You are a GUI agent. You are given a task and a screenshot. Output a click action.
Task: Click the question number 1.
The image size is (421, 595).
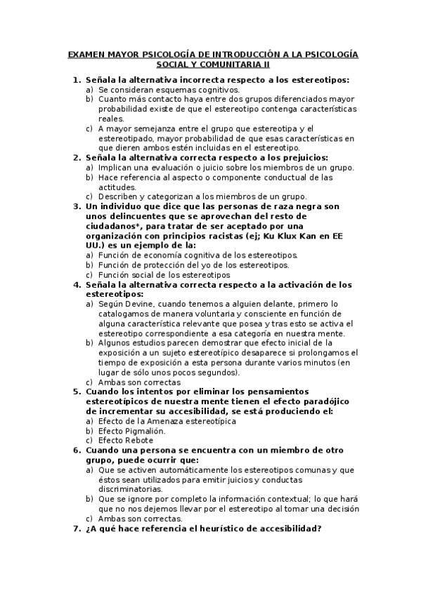point(77,80)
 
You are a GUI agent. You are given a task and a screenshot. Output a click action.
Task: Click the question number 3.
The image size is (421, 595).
point(77,206)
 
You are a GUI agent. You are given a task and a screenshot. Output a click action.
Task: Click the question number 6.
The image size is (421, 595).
point(77,450)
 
